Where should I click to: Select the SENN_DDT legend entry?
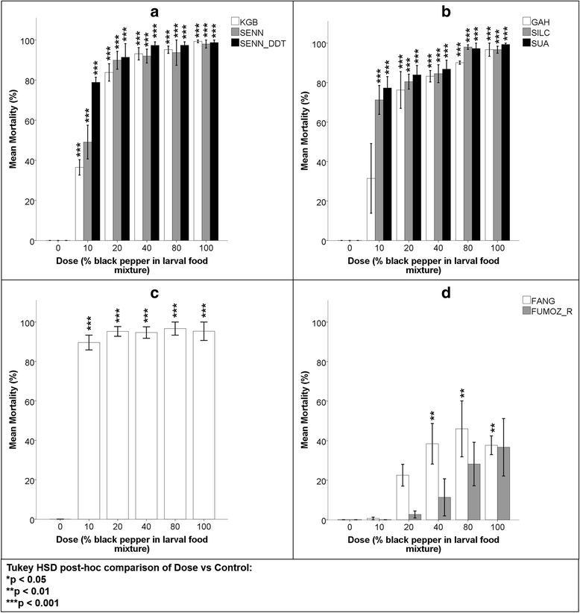[253, 44]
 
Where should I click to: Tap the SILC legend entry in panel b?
[538, 34]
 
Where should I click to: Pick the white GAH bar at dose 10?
[371, 210]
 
